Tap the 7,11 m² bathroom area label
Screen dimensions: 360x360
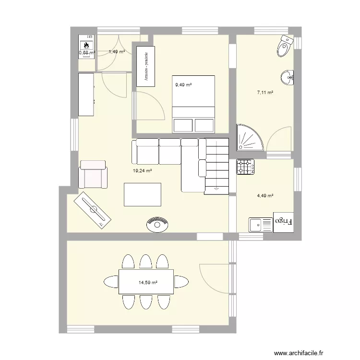tap(265, 93)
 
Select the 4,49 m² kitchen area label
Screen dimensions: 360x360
tap(265, 195)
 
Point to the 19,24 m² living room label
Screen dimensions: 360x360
tap(143, 170)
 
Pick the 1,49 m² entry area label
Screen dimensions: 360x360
tap(117, 52)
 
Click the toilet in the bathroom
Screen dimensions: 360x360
tap(285, 47)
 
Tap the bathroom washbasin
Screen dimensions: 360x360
tap(289, 77)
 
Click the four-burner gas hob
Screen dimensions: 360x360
tap(245, 167)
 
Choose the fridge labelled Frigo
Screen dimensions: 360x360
tap(284, 222)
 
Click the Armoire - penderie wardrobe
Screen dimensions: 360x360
tap(146, 66)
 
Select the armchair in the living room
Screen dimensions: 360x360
tap(94, 174)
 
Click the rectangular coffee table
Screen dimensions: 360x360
tap(142, 195)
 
